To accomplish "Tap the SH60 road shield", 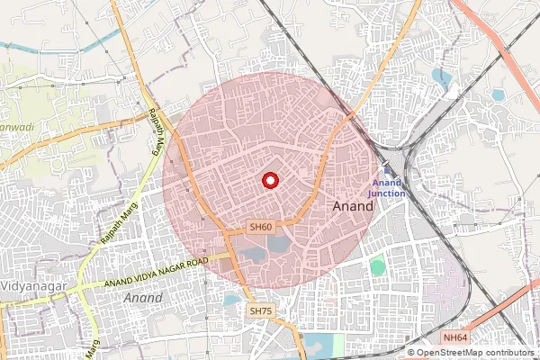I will tap(261, 228).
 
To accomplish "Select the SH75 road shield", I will tap(259, 310).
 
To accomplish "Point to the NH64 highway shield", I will tap(455, 337).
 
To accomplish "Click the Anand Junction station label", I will tap(390, 187).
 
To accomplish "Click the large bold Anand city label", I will tap(354, 206).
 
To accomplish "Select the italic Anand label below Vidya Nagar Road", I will tap(144, 297).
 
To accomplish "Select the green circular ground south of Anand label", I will tap(377, 266).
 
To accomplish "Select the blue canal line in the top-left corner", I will tap(54, 45).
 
